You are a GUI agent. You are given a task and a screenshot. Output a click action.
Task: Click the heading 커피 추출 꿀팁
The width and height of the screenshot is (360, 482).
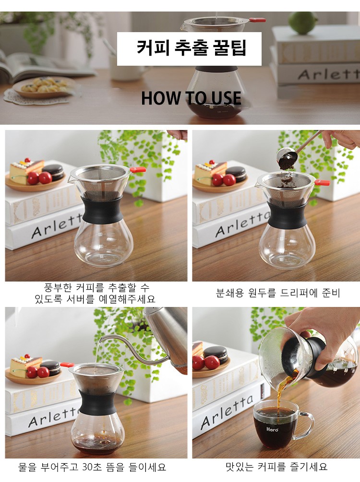[x=192, y=48]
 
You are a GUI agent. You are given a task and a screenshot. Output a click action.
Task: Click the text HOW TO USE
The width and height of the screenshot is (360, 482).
[x=191, y=98]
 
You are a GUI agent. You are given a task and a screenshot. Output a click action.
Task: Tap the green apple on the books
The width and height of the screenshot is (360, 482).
[x=302, y=23]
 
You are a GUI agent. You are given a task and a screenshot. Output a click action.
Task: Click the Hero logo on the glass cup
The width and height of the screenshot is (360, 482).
[x=272, y=429]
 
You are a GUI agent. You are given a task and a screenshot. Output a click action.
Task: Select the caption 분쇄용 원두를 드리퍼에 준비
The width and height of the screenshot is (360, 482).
[x=278, y=293]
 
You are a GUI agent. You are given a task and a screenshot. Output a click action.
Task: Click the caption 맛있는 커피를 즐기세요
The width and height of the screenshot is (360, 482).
[x=276, y=467]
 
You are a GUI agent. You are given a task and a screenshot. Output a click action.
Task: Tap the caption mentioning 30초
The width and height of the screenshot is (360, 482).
[x=92, y=467]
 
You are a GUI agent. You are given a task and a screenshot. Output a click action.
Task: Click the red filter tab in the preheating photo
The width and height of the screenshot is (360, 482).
[x=138, y=169]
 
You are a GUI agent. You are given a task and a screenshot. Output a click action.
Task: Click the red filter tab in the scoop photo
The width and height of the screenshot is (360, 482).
[x=322, y=183]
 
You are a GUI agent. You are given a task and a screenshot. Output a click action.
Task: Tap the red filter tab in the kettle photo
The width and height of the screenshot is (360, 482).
[x=67, y=365]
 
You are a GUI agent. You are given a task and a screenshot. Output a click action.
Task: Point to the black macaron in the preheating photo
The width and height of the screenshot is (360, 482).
[x=53, y=172]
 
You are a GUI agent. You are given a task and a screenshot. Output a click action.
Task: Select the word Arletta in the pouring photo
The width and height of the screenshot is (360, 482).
[x=227, y=412]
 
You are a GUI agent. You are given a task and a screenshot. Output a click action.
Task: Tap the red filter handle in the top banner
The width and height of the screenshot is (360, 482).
[x=257, y=20]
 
